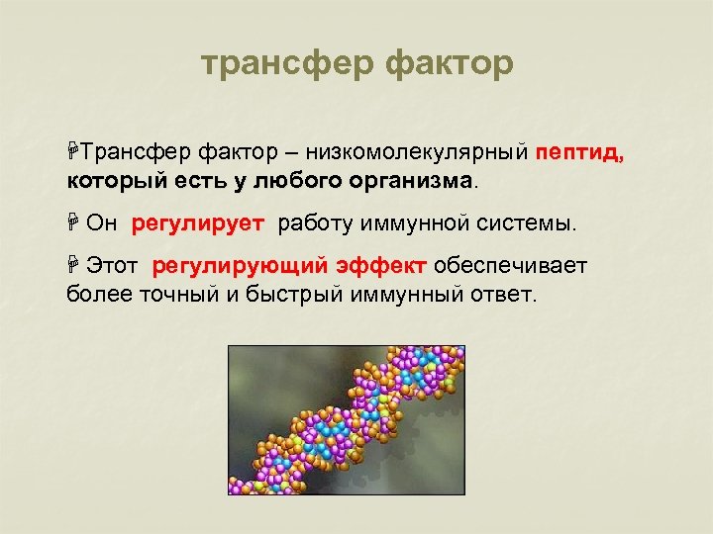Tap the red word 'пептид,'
580,153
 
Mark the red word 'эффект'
381,266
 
